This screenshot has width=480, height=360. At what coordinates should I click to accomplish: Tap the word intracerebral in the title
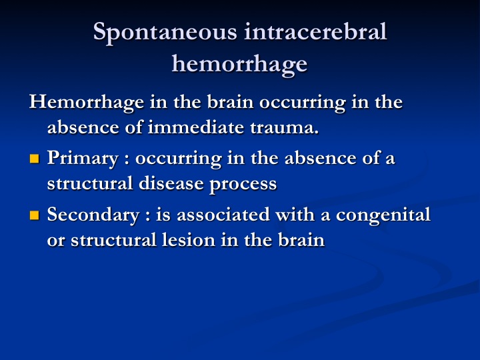[x=315, y=31]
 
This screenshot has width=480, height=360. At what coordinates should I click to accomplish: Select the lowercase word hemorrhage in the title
[x=239, y=64]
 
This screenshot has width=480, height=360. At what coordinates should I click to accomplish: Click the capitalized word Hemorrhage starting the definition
[x=87, y=103]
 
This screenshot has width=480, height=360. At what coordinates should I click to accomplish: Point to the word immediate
[x=196, y=127]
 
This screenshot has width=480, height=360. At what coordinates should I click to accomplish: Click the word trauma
[x=285, y=127]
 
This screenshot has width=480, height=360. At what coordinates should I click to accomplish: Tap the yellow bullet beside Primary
[x=35, y=159]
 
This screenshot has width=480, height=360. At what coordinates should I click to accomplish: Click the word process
[x=243, y=185]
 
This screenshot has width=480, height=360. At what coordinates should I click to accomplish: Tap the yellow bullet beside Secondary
[x=35, y=215]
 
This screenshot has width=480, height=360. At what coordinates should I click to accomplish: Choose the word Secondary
[x=93, y=215]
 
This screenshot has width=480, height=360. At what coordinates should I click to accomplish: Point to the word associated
[x=223, y=214]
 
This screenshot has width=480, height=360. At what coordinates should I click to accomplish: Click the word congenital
[x=383, y=215]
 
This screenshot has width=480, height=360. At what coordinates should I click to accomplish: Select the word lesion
[x=188, y=240]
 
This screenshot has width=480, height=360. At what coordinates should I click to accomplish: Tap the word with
[x=295, y=214]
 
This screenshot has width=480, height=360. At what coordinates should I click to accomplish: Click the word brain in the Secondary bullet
[x=301, y=240]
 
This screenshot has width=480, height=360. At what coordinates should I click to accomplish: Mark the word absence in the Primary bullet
[x=321, y=158]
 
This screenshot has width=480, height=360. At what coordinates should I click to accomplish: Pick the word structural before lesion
[x=113, y=240]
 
